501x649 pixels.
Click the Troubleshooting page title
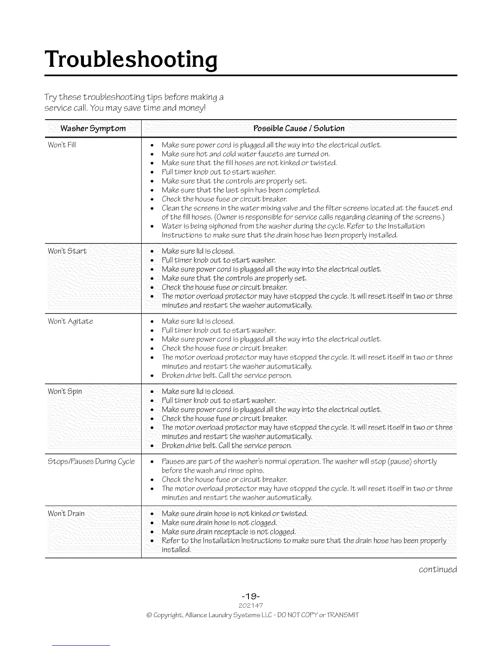click(x=131, y=59)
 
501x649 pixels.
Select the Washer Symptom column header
click(x=93, y=129)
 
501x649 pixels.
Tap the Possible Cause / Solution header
click(x=299, y=129)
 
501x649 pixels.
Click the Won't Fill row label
click(x=62, y=145)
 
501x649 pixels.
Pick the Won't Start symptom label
click(x=67, y=251)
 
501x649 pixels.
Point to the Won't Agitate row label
click(x=70, y=321)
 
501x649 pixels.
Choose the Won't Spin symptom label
click(x=65, y=391)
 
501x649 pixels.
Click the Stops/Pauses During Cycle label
click(x=91, y=462)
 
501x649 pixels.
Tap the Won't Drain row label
click(x=66, y=514)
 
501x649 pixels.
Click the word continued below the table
click(x=438, y=570)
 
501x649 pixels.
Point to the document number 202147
click(x=250, y=606)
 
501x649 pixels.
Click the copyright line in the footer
click(x=250, y=615)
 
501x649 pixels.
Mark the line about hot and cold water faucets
click(x=246, y=154)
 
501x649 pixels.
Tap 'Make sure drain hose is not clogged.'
click(x=219, y=523)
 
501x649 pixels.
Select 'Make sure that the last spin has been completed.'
click(x=241, y=190)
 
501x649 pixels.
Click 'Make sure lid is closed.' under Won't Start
click(x=198, y=251)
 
